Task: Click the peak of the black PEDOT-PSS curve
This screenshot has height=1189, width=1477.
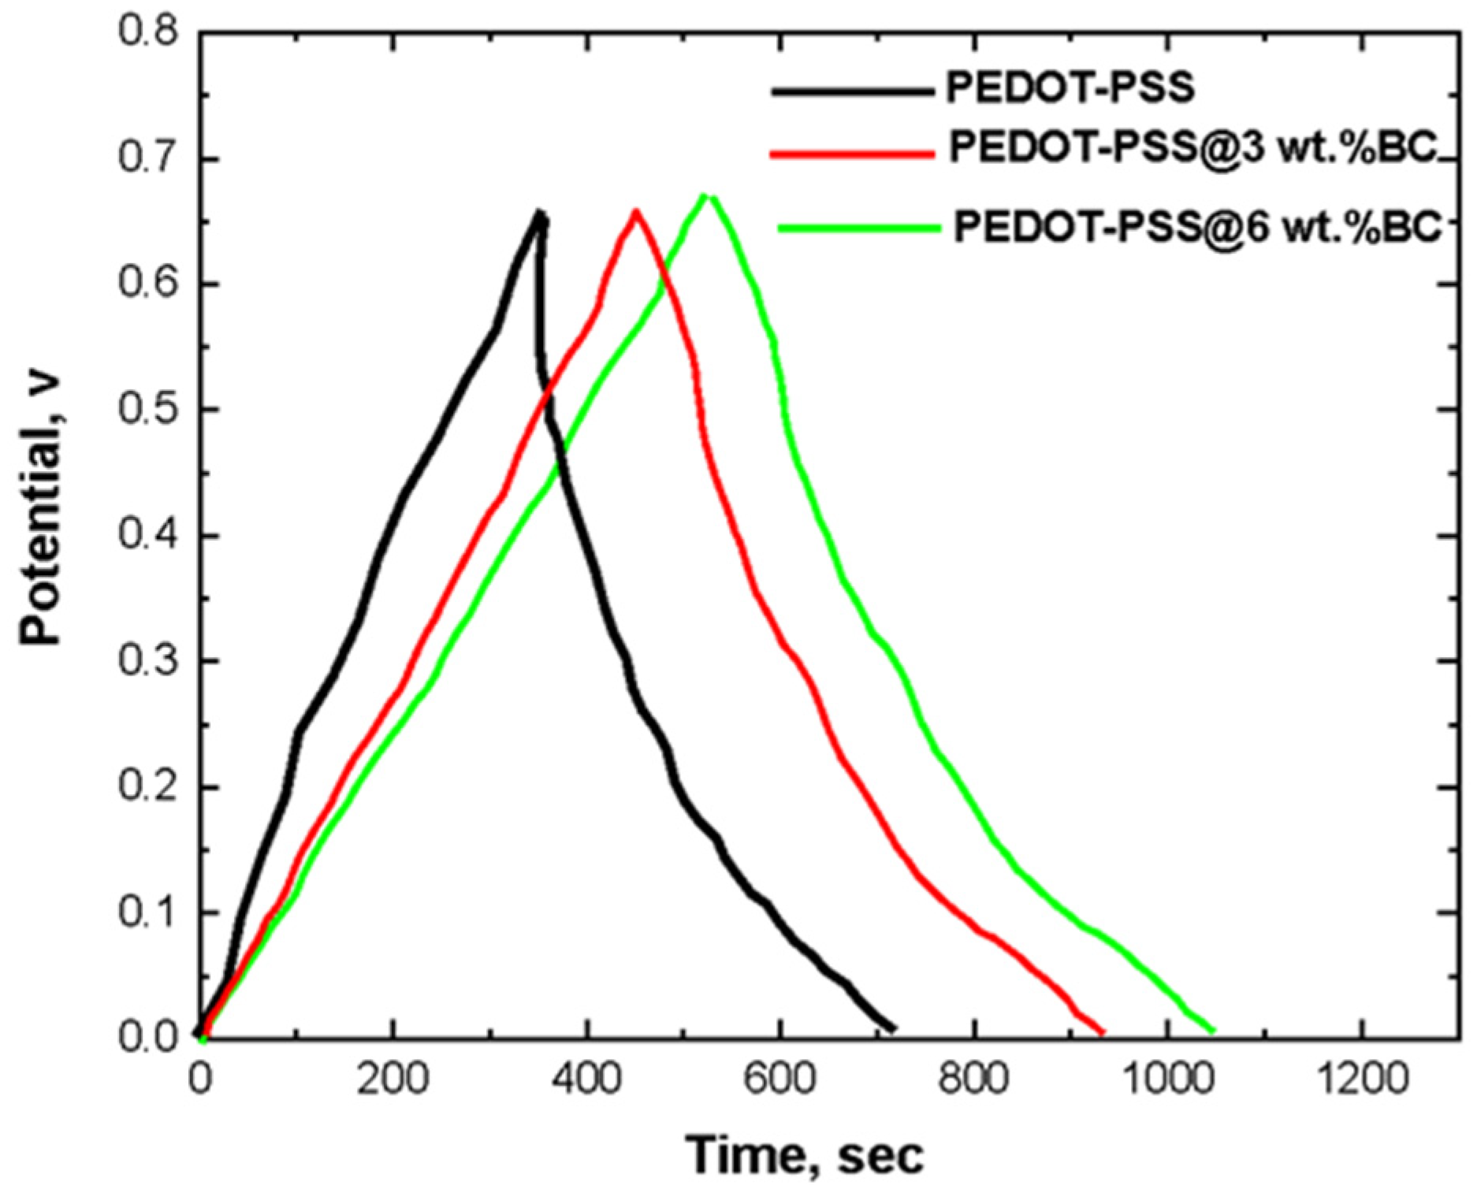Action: pos(539,212)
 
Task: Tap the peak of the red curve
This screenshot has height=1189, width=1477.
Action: pos(635,211)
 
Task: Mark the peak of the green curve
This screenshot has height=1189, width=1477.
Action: pos(707,195)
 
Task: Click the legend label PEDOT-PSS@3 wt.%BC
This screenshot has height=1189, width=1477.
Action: pos(1194,147)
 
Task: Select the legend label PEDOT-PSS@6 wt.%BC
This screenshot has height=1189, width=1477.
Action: pos(1198,227)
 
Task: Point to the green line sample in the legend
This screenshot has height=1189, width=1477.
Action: pos(859,229)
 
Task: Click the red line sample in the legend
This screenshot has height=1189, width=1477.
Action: pos(851,154)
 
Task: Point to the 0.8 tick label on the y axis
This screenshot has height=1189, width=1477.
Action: pos(148,33)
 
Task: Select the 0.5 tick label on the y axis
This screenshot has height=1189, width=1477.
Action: pos(148,410)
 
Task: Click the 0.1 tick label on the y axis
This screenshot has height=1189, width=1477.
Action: pos(148,913)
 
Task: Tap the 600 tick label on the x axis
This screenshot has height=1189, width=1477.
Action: pos(779,1079)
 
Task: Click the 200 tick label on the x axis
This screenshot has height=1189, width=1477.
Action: pos(393,1079)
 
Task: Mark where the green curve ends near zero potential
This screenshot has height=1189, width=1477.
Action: pos(1212,1030)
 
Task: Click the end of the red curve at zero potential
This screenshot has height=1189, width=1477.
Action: pos(1101,1031)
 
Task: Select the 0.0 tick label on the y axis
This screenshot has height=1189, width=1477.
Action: pos(148,1038)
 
